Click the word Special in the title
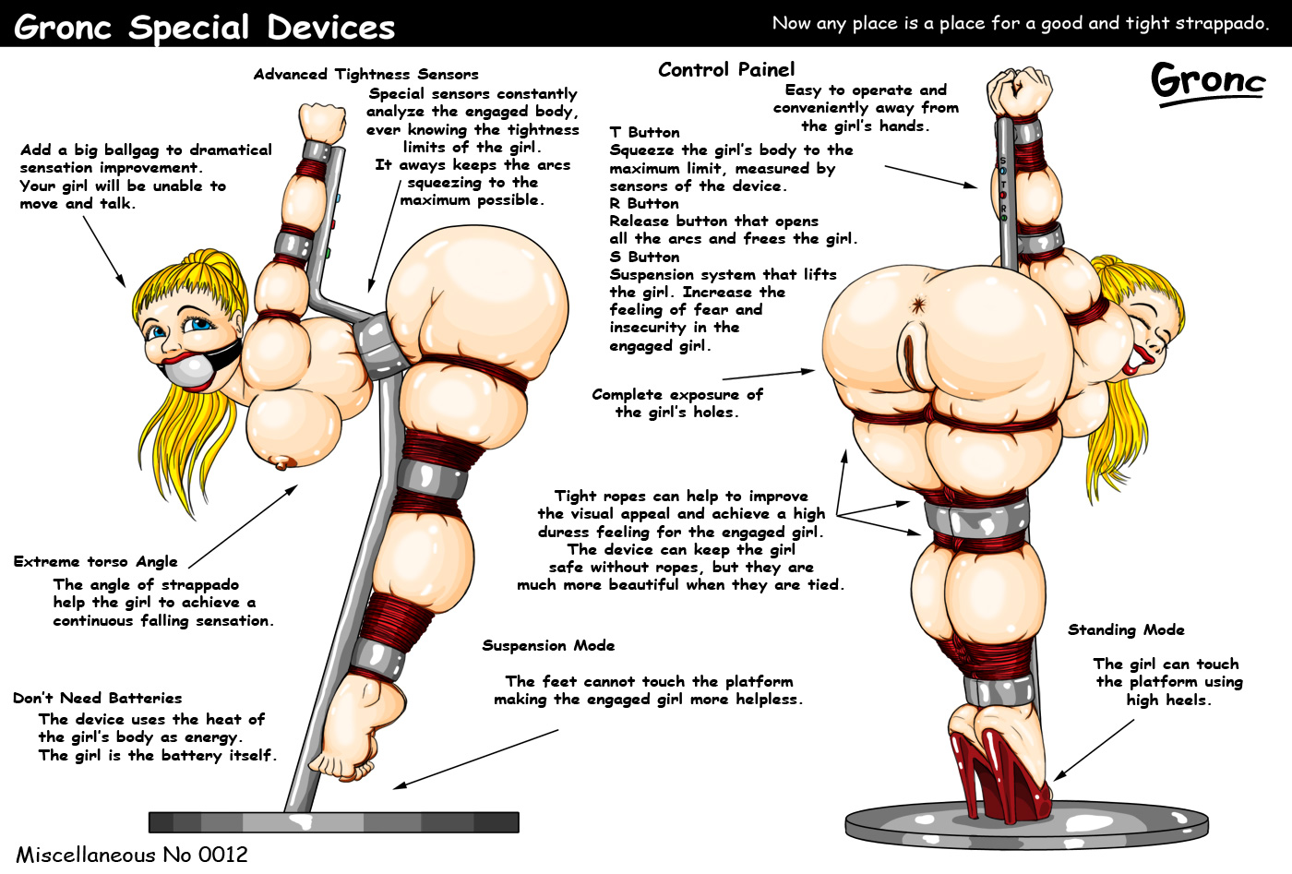coord(189,27)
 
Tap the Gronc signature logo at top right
coord(1208,81)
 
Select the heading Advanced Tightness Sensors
coord(366,74)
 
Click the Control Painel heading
coord(726,69)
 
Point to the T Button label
coord(644,132)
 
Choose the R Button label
coord(643,203)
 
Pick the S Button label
coord(644,257)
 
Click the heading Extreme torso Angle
coord(96,561)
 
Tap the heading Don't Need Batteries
coord(98,698)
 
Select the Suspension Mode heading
coord(548,645)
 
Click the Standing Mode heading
coord(1126,629)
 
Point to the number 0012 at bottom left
coord(223,855)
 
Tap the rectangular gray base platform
coord(334,821)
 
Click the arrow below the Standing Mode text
coord(1094,749)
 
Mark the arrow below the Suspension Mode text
coord(475,759)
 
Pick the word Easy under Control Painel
coord(803,90)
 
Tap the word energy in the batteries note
coord(210,736)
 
